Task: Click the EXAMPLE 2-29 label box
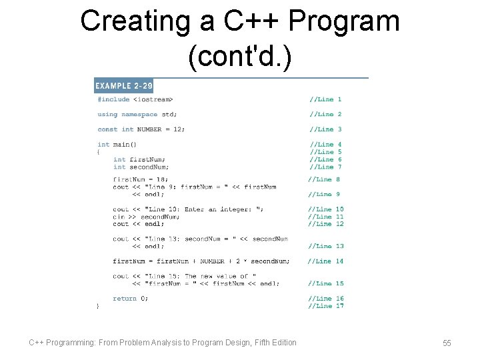pyautogui.click(x=123, y=85)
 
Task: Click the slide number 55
pyautogui.click(x=447, y=343)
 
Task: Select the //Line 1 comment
pyautogui.click(x=325, y=99)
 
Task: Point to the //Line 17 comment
pyautogui.click(x=325, y=306)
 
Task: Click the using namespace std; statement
pyautogui.click(x=137, y=114)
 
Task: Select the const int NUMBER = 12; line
pyautogui.click(x=141, y=129)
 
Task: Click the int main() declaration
pyautogui.click(x=117, y=144)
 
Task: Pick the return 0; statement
pyautogui.click(x=131, y=299)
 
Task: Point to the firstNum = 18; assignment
pyautogui.click(x=141, y=179)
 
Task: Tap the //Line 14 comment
pyautogui.click(x=325, y=261)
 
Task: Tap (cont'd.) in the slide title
pyautogui.click(x=239, y=57)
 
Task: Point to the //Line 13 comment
pyautogui.click(x=325, y=246)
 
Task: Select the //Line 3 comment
pyautogui.click(x=325, y=129)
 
